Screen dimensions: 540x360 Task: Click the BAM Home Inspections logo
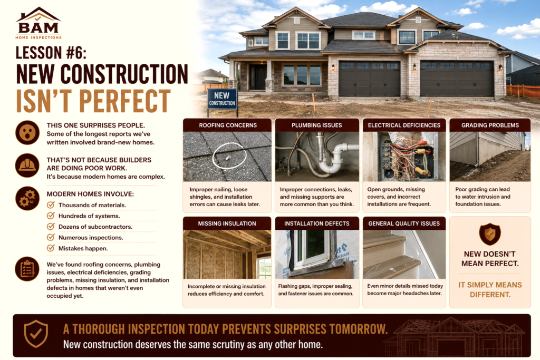(38, 23)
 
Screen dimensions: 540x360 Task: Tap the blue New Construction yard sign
(222, 99)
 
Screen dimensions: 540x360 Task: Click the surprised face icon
(27, 132)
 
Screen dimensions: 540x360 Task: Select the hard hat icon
(27, 166)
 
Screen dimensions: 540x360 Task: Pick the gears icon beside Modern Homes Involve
(27, 199)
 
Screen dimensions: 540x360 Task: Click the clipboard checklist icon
(27, 269)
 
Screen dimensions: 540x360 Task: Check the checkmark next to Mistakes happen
(51, 248)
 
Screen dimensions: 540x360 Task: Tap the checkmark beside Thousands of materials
(51, 205)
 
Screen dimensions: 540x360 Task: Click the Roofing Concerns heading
(228, 125)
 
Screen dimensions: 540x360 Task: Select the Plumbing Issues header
(317, 125)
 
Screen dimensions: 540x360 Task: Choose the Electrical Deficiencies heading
(404, 125)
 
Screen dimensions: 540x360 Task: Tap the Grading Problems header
(490, 125)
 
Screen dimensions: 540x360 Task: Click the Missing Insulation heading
(227, 223)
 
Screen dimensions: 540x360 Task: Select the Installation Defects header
(317, 223)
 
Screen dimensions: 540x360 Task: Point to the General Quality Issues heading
(404, 223)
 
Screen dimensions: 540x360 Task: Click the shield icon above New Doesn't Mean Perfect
(490, 234)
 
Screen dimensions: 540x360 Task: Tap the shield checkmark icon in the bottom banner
(36, 334)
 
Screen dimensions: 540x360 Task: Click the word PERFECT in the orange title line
(125, 101)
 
